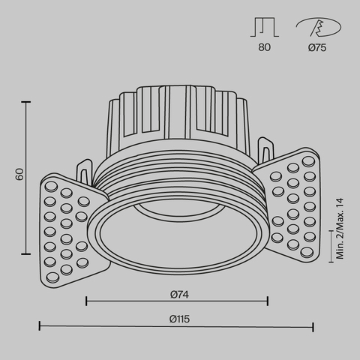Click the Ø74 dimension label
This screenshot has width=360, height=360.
coord(177,292)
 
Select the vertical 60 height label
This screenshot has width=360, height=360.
coord(20,175)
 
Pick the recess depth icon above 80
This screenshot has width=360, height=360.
coord(263,27)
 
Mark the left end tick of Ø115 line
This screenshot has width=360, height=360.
coord(40,326)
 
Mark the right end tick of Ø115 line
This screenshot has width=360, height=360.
coord(313,326)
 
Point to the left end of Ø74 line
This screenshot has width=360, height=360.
coord(86,301)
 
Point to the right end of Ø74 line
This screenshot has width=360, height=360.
coord(268,301)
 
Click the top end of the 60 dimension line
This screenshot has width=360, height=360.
coord(28,101)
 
